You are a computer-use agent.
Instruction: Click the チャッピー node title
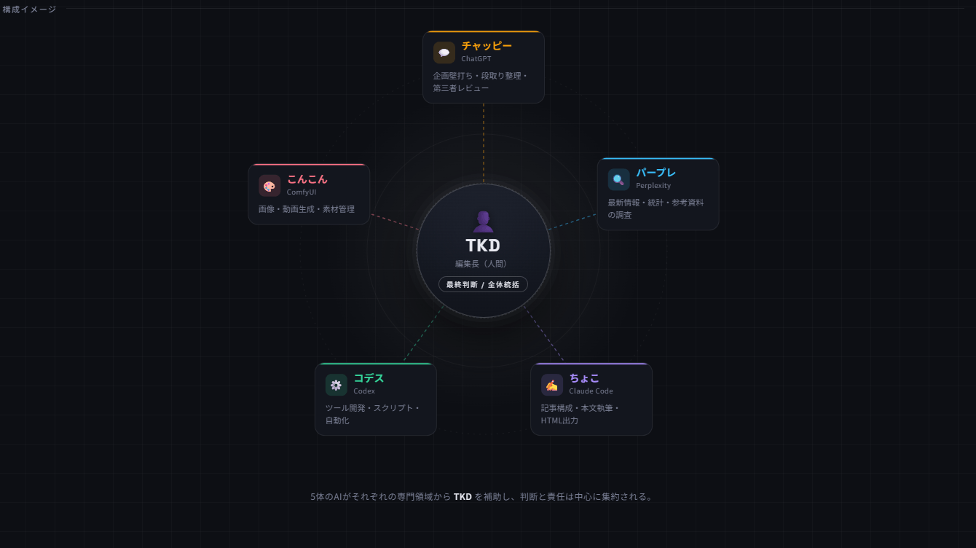pyautogui.click(x=487, y=46)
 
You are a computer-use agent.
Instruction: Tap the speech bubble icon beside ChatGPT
pyautogui.click(x=444, y=52)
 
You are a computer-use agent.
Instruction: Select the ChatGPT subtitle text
pyautogui.click(x=476, y=59)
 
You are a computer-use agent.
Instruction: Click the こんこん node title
pyautogui.click(x=307, y=179)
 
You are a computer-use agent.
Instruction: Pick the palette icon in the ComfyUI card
pyautogui.click(x=269, y=186)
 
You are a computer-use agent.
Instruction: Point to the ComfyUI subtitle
pyautogui.click(x=301, y=192)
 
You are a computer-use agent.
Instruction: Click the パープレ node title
pyautogui.click(x=656, y=173)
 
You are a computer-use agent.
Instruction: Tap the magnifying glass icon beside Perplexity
pyautogui.click(x=618, y=179)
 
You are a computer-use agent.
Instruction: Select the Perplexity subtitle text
pyautogui.click(x=653, y=186)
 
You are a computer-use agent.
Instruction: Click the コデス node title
pyautogui.click(x=369, y=378)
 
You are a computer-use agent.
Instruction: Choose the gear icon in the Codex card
pyautogui.click(x=336, y=385)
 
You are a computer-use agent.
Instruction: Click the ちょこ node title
pyautogui.click(x=584, y=378)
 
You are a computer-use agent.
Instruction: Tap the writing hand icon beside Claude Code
pyautogui.click(x=551, y=385)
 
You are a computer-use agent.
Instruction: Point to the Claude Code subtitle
pyautogui.click(x=591, y=391)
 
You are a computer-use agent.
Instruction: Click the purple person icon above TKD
pyautogui.click(x=483, y=222)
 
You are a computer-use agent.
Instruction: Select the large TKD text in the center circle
pyautogui.click(x=483, y=246)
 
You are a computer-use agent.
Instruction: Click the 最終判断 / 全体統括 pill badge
pyautogui.click(x=483, y=285)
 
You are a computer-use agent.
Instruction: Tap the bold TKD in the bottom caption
pyautogui.click(x=463, y=496)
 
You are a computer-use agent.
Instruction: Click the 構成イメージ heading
pyautogui.click(x=29, y=9)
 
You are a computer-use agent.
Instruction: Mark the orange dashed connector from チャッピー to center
pyautogui.click(x=484, y=143)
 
